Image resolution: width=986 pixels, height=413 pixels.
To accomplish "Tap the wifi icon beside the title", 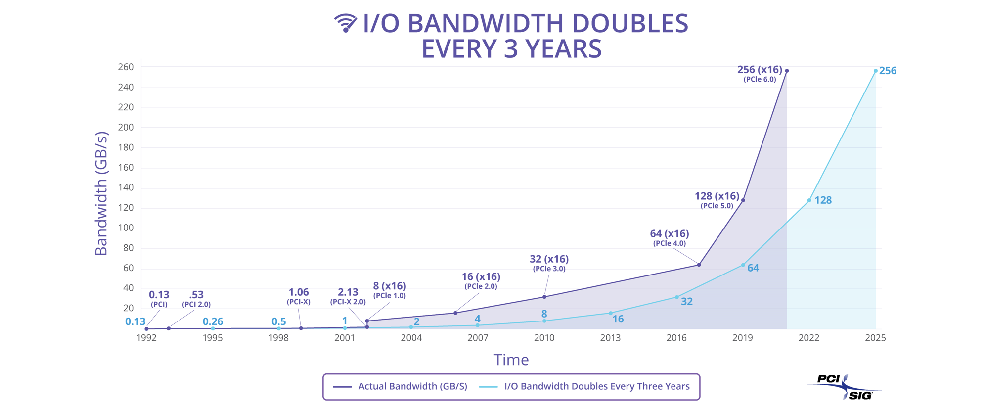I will (x=345, y=23).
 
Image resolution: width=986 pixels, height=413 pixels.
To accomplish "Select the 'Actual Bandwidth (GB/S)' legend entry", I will (x=401, y=386).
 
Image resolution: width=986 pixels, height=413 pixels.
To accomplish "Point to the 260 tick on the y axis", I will (x=126, y=67).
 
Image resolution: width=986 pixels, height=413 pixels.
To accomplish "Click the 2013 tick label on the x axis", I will (x=610, y=338).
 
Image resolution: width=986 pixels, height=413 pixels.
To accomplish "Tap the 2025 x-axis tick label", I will (x=875, y=338).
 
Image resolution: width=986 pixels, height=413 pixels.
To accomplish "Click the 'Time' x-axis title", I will (x=511, y=360).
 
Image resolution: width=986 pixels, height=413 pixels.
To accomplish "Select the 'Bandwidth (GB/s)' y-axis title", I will (x=101, y=193).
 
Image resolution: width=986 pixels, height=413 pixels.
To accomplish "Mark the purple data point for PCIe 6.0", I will (x=787, y=71).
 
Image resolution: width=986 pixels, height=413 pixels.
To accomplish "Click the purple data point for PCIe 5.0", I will (x=743, y=200).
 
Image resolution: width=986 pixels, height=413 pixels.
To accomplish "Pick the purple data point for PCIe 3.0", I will (x=544, y=297).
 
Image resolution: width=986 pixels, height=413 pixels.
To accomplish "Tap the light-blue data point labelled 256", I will (x=875, y=71).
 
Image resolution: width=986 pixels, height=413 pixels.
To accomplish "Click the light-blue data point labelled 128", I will (x=809, y=200).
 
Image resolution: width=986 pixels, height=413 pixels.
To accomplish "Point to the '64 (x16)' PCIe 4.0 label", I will (x=669, y=234).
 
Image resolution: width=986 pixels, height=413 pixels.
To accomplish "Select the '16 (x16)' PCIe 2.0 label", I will (x=481, y=277).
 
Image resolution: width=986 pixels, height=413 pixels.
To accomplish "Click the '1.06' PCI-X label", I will (x=298, y=292).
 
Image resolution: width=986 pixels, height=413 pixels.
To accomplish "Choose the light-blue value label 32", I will (x=686, y=302).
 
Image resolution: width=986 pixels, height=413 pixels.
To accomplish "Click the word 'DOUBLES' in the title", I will (x=603, y=24).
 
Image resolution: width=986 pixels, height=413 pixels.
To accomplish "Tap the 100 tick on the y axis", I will (x=126, y=229).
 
